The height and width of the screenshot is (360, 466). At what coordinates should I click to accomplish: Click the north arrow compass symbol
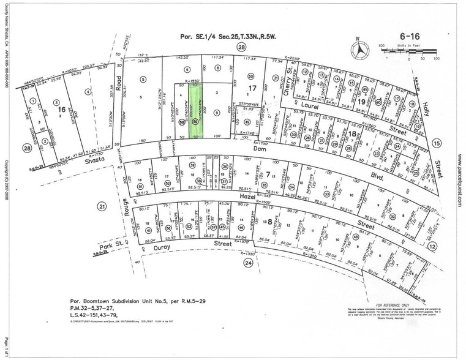pyautogui.click(x=361, y=49)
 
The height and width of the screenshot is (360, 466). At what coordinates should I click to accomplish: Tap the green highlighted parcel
pyautogui.click(x=197, y=111)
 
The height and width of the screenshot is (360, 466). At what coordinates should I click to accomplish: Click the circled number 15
pyautogui.click(x=437, y=143)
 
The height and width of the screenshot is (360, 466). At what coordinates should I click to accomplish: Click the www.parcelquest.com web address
pyautogui.click(x=459, y=183)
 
